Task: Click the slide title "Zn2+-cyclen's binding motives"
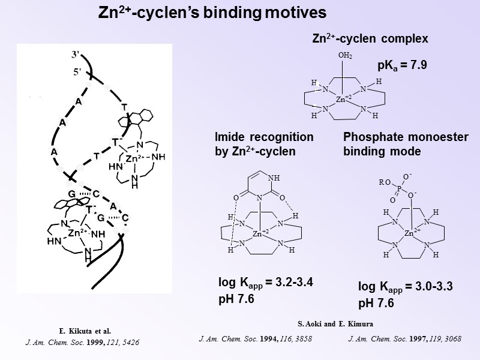tap(212, 13)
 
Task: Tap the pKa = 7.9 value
tap(402, 65)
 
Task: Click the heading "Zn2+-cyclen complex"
tap(370, 39)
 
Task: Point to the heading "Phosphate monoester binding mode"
tap(406, 145)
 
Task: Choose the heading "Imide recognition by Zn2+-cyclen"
tap(264, 145)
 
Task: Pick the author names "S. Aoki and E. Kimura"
tap(335, 324)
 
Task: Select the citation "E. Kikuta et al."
tap(85, 331)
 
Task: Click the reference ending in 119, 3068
tap(404, 339)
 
